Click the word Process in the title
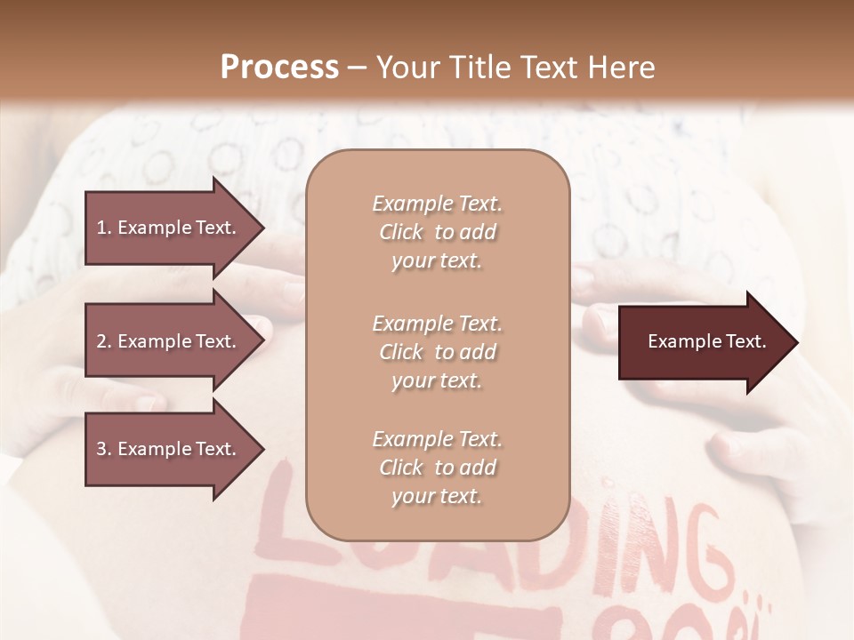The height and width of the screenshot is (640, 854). point(279,68)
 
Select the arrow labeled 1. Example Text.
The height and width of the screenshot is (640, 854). point(173,228)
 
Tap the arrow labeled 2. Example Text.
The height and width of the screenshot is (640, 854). point(173,341)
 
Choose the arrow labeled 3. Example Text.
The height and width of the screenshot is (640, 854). point(173,449)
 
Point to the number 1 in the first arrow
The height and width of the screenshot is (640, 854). point(101,228)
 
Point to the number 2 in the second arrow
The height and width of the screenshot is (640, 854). point(101,341)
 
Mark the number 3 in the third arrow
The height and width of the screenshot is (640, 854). point(101,449)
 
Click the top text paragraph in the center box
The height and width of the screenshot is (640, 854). point(437,232)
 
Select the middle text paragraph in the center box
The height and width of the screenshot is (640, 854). point(437,352)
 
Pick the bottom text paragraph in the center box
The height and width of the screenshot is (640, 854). point(437,468)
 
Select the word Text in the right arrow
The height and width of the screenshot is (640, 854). point(745,341)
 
